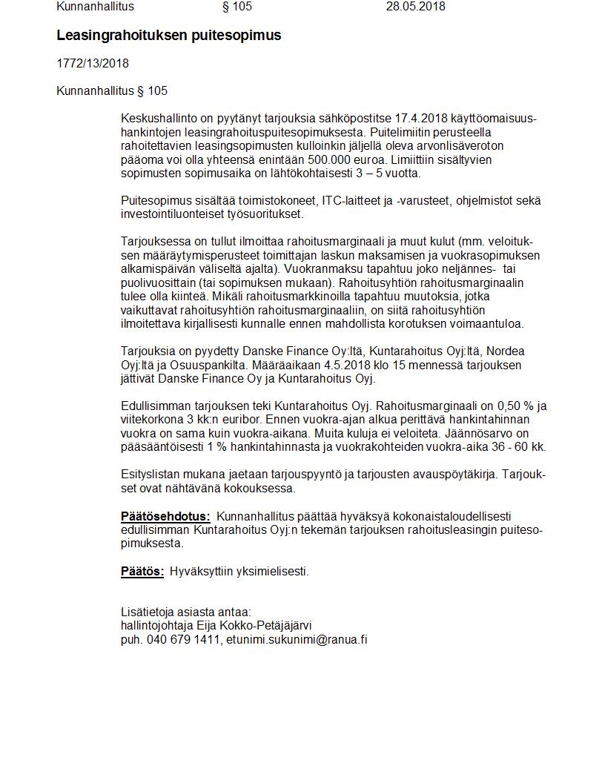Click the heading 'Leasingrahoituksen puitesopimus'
tap(168, 36)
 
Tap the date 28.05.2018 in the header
tap(415, 7)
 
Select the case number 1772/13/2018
tap(93, 64)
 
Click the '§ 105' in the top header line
tap(237, 7)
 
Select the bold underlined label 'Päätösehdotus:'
tap(165, 516)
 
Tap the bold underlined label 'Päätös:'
tap(142, 571)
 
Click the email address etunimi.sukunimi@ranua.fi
tap(297, 639)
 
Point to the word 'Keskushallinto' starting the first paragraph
tap(158, 119)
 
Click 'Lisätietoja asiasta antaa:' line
tap(186, 612)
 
